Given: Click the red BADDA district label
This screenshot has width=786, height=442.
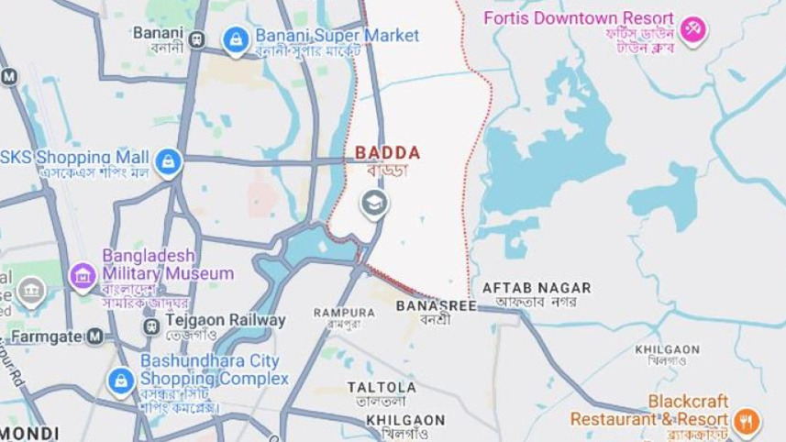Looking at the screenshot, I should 387,152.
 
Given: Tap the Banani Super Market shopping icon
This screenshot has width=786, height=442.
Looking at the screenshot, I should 236,39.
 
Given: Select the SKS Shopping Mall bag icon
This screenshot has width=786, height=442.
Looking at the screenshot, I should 167,163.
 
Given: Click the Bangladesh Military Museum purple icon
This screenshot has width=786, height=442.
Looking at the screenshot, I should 83,273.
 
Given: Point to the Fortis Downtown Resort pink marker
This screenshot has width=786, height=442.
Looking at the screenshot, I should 694,28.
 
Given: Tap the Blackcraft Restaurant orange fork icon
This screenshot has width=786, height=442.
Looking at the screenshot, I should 747,421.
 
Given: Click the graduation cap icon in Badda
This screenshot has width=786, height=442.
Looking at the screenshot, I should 373,203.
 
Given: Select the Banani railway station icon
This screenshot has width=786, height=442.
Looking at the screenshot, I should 196,39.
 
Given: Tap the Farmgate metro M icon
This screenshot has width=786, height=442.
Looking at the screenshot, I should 94,337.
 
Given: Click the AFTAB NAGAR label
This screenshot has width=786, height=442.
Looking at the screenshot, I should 537,287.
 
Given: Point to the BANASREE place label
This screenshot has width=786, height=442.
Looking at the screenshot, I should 437,305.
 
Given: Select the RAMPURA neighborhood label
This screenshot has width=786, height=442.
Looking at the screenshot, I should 344,312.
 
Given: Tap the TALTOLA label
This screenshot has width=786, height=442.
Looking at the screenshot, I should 381,387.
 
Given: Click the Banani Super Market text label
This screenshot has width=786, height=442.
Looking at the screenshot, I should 337,36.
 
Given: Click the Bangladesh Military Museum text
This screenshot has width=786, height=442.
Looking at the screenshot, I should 167,264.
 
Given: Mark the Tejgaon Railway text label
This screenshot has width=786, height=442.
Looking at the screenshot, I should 225,320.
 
